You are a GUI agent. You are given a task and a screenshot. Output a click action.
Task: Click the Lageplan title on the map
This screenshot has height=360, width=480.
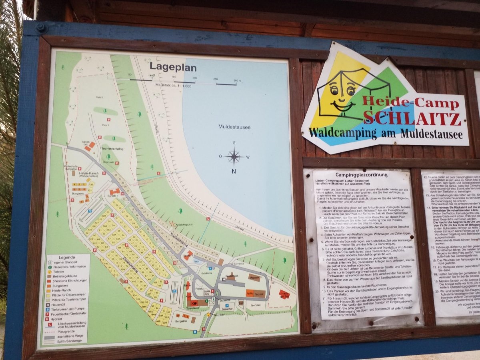173,67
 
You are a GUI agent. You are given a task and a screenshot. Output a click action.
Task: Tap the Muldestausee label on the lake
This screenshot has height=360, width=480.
234,127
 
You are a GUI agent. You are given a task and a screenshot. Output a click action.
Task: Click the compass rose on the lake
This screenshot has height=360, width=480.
234,156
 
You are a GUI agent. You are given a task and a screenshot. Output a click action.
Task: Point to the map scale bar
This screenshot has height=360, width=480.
184,81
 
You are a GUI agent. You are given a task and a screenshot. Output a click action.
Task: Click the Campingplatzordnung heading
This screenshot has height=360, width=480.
361,175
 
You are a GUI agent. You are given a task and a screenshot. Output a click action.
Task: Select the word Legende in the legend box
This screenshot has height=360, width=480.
67,257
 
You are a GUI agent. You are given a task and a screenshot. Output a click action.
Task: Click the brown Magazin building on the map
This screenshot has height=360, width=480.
254,277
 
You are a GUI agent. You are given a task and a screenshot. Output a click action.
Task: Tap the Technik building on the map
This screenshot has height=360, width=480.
259,294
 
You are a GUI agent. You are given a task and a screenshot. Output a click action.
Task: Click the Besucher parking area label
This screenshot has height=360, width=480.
227,309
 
